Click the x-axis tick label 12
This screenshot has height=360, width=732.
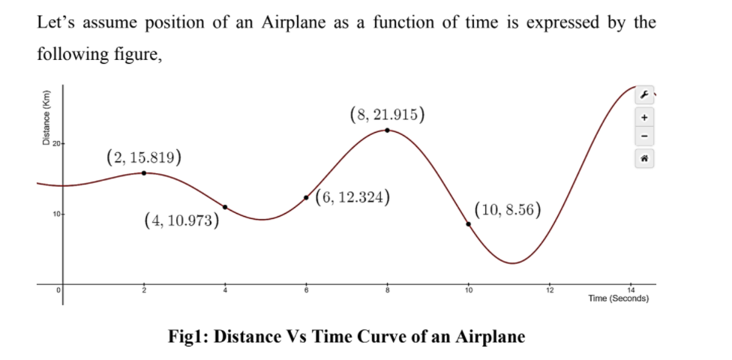[x=550, y=290]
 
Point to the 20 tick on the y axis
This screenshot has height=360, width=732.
[x=56, y=143]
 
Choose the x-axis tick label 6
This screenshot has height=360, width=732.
[x=306, y=290]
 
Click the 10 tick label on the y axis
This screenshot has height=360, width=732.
[x=56, y=215]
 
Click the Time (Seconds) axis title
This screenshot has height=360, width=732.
[x=619, y=298]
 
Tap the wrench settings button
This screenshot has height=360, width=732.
[x=644, y=94]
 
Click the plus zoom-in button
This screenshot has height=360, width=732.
[x=644, y=117]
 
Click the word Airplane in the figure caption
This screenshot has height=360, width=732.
[x=490, y=337]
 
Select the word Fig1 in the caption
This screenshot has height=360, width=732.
[x=190, y=337]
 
